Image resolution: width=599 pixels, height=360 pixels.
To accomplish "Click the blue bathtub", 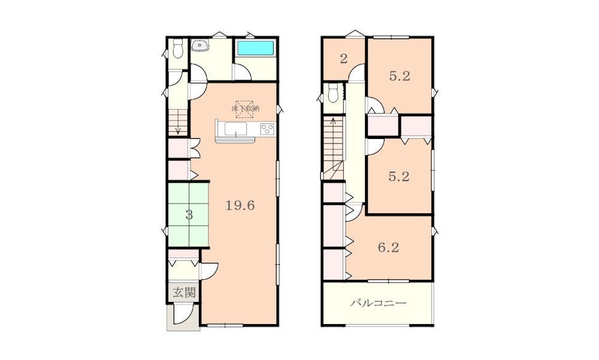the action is pyautogui.click(x=256, y=48).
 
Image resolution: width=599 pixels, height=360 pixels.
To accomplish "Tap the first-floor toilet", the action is pyautogui.click(x=178, y=49).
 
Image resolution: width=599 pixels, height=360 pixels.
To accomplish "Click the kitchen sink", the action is pyautogui.click(x=235, y=129).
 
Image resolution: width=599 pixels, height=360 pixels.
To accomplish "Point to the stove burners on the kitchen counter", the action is pyautogui.click(x=267, y=129).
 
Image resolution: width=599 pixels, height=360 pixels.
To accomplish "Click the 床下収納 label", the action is pyautogui.click(x=245, y=108).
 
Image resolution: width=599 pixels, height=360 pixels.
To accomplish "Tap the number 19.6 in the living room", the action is pyautogui.click(x=240, y=205).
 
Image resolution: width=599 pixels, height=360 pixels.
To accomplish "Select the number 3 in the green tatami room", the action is pyautogui.click(x=189, y=215).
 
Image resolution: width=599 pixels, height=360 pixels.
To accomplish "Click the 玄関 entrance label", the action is pyautogui.click(x=184, y=293).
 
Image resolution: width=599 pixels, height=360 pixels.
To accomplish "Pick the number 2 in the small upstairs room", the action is pyautogui.click(x=344, y=59).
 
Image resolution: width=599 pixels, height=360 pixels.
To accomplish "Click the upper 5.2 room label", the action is pyautogui.click(x=400, y=76).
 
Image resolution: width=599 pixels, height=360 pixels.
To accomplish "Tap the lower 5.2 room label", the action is pyautogui.click(x=399, y=177).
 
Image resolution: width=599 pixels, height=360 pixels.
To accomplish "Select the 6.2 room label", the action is pyautogui.click(x=389, y=247).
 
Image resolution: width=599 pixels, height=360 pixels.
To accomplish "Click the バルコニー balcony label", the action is pyautogui.click(x=378, y=304).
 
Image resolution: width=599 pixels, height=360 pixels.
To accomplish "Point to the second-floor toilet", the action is pyautogui.click(x=334, y=93).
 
